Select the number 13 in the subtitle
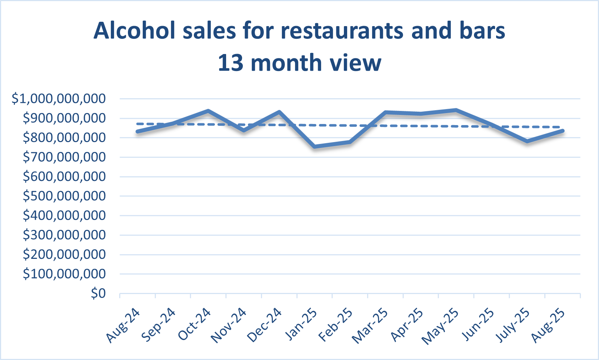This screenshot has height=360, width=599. coord(230,63)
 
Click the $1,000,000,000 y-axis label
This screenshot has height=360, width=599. coord(59,99)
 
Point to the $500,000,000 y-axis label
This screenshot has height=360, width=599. coord(64,196)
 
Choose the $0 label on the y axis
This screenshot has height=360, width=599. coord(98,293)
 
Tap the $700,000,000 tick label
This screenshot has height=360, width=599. coord(64,157)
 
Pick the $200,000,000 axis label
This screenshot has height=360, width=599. coord(64,255)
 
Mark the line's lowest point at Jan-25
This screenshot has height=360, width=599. coord(315,147)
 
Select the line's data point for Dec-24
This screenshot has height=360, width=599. coord(279,112)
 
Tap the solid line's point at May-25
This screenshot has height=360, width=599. coord(456,110)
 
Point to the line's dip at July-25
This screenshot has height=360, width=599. coord(527,141)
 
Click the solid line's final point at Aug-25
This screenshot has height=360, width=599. coord(562,131)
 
